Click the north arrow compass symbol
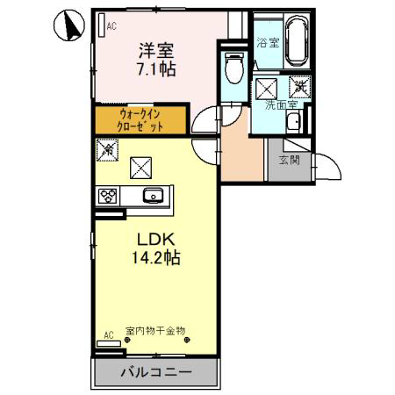69,25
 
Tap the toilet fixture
233,68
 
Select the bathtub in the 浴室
297,40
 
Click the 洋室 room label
156,50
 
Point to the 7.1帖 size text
156,69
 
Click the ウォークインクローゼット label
140,120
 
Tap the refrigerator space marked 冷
107,150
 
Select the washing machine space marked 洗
300,87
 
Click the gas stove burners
107,196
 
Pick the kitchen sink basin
153,195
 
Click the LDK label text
156,240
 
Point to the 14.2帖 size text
156,257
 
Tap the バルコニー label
156,372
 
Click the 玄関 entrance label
289,160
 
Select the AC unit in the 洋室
102,25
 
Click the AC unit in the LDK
109,343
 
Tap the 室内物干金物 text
155,331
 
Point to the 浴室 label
268,43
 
